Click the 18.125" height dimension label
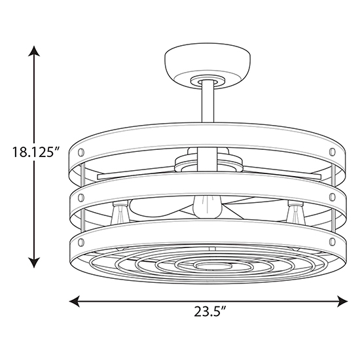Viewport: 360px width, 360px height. (36, 152)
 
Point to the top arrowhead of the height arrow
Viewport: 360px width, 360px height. (34, 51)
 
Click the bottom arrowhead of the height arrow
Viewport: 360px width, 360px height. (34, 262)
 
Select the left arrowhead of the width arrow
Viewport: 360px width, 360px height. (75, 301)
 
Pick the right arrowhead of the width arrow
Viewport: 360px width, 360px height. (342, 301)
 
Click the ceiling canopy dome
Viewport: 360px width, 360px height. (207, 65)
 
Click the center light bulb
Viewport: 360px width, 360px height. (207, 206)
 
